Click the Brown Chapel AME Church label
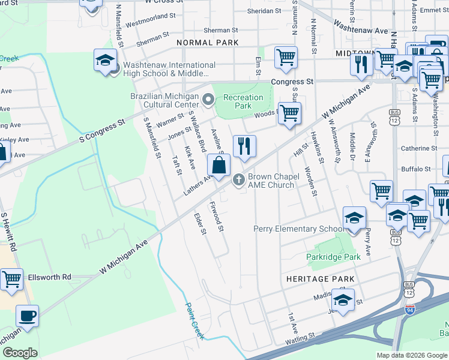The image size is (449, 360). (271, 181)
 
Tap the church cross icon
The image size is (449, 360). (238, 178)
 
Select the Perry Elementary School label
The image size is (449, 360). (299, 229)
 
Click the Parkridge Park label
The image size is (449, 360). (333, 257)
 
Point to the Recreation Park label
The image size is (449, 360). (243, 101)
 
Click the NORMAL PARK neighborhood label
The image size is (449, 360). (208, 43)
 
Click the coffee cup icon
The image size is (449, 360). (27, 316)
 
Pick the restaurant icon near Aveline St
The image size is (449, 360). (244, 146)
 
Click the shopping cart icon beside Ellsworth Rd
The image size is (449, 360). (11, 279)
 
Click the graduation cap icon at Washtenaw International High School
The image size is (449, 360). (105, 61)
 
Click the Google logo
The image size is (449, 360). (20, 353)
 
